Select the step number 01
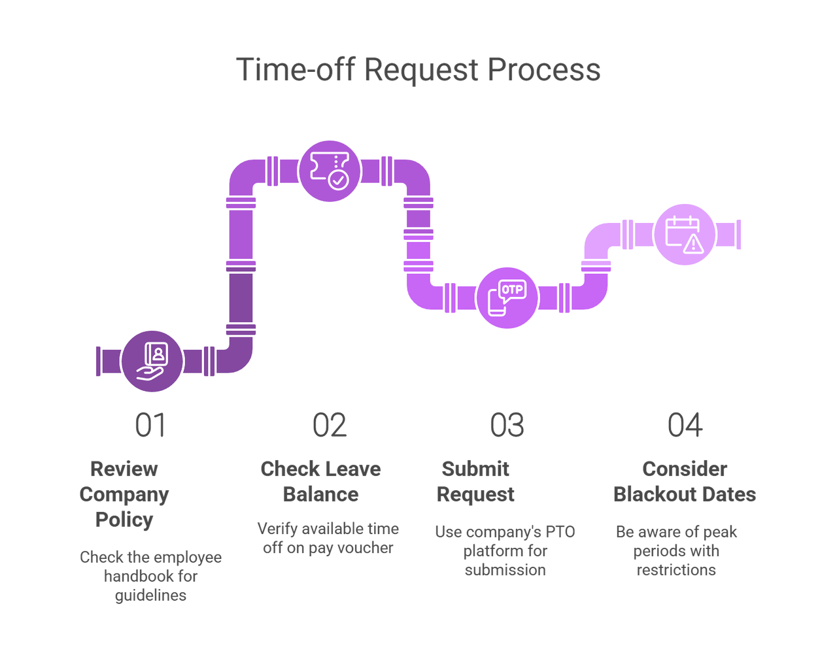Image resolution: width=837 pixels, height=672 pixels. [x=150, y=425]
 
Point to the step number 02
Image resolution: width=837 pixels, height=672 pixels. [x=329, y=425]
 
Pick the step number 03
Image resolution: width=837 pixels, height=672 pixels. [x=507, y=425]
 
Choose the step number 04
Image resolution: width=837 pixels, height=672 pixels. [x=685, y=425]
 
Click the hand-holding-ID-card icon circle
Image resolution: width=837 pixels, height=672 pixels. [x=152, y=361]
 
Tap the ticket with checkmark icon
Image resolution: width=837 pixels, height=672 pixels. [x=330, y=171]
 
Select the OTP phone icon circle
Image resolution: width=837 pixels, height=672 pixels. [x=507, y=297]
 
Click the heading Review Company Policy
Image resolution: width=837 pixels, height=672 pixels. [x=124, y=494]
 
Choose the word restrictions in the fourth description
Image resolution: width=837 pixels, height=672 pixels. [x=675, y=569]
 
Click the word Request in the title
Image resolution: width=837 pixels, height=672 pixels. [x=420, y=69]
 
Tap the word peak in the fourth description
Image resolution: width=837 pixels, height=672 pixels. [x=720, y=531]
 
